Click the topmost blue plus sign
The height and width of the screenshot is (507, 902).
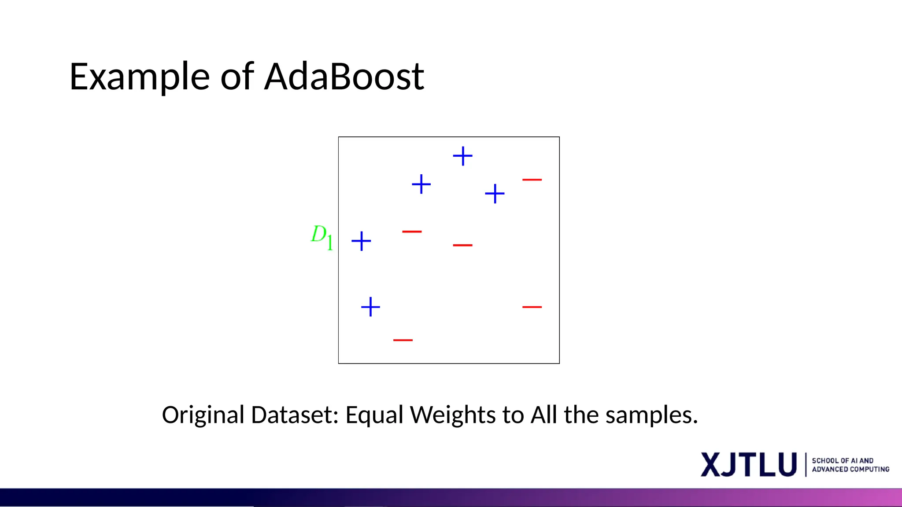pos(462,156)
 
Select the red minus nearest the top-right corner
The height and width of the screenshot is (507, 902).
pos(532,180)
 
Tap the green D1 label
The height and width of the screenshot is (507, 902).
pos(322,237)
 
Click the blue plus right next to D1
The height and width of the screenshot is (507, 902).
pos(361,241)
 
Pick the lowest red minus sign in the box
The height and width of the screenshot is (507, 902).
pos(403,340)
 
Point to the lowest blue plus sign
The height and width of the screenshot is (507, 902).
pos(370,307)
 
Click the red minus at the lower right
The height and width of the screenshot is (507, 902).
pos(532,307)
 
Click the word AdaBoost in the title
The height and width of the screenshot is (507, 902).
pos(344,77)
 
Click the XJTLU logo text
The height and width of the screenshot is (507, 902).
pos(749,464)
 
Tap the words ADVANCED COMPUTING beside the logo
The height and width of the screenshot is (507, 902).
pos(850,470)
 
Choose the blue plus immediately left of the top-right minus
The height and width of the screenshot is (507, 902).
pos(495,194)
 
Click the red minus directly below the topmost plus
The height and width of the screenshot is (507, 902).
pos(462,245)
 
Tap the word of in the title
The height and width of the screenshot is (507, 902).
pos(237,77)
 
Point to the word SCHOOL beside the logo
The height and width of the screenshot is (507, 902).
pos(825,461)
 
